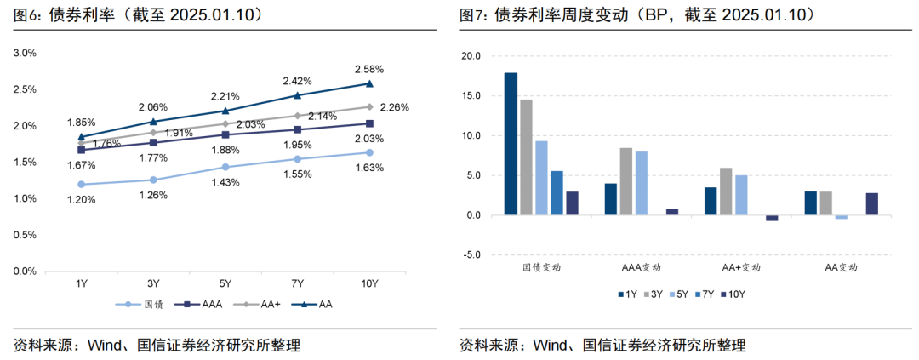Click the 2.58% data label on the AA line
click(369, 68)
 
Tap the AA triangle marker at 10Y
click(369, 83)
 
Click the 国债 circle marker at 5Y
click(225, 167)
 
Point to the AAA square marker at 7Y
click(297, 129)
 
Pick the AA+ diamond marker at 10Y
click(369, 107)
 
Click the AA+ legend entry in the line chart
click(253, 304)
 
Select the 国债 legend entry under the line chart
click(141, 304)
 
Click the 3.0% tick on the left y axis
click(26, 53)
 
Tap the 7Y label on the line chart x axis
click(297, 283)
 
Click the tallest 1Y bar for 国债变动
click(511, 144)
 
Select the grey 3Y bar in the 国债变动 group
click(526, 157)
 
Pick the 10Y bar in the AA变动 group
click(872, 204)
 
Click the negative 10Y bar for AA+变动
click(772, 218)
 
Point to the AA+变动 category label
click(741, 266)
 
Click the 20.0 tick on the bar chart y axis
click(470, 56)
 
